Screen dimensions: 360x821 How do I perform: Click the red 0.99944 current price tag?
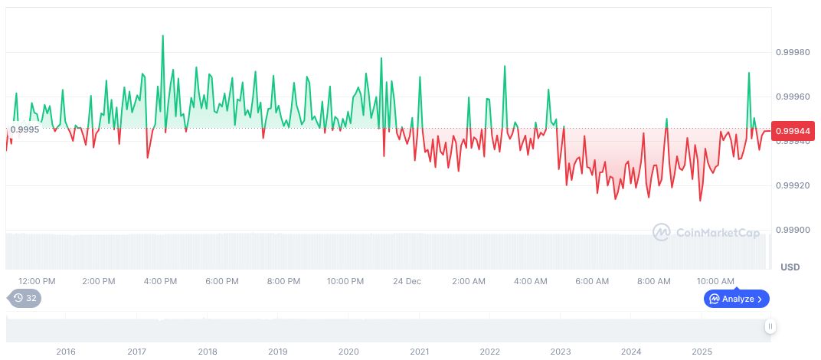(x=793, y=131)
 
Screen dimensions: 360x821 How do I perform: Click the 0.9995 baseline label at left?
(x=25, y=129)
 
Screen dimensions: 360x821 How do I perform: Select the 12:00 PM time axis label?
(x=37, y=281)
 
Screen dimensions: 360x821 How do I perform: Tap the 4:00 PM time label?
(x=161, y=281)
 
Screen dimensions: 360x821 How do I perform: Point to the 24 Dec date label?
(x=407, y=281)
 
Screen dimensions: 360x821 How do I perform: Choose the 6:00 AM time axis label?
(x=592, y=281)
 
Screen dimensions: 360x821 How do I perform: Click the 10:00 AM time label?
(x=715, y=281)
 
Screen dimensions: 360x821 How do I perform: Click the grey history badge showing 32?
(x=25, y=299)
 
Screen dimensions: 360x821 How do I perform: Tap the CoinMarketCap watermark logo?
(x=707, y=232)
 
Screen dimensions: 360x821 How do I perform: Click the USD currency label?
(x=790, y=267)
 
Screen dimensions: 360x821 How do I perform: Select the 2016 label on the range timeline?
(x=66, y=352)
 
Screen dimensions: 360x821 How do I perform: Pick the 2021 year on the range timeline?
(x=419, y=352)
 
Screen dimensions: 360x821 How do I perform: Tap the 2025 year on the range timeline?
(x=702, y=352)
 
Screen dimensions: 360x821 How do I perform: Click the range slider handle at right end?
(x=770, y=326)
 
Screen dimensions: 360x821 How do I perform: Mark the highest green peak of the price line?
(x=162, y=35)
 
